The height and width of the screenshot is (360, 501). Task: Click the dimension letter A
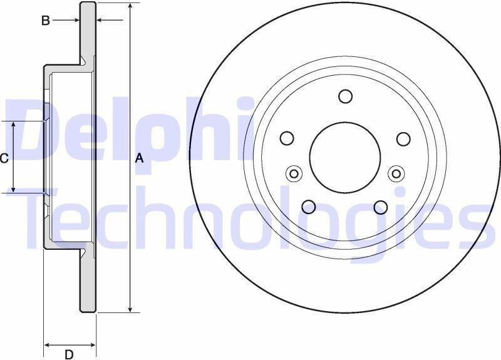pyautogui.click(x=139, y=158)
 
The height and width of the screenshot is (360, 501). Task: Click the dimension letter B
pyautogui.click(x=46, y=21)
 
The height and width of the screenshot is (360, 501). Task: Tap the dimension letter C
pyautogui.click(x=4, y=158)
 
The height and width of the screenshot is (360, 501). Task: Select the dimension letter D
pyautogui.click(x=69, y=354)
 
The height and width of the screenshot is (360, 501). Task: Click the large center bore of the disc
pyautogui.click(x=345, y=157)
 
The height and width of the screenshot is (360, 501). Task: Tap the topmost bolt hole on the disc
pyautogui.click(x=346, y=96)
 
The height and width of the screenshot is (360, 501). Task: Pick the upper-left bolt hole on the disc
pyautogui.click(x=287, y=138)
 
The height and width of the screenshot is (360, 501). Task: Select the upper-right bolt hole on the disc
pyautogui.click(x=403, y=138)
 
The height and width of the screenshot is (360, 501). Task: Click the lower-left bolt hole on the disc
pyautogui.click(x=309, y=207)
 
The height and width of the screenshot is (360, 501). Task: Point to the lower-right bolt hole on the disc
pyautogui.click(x=381, y=207)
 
